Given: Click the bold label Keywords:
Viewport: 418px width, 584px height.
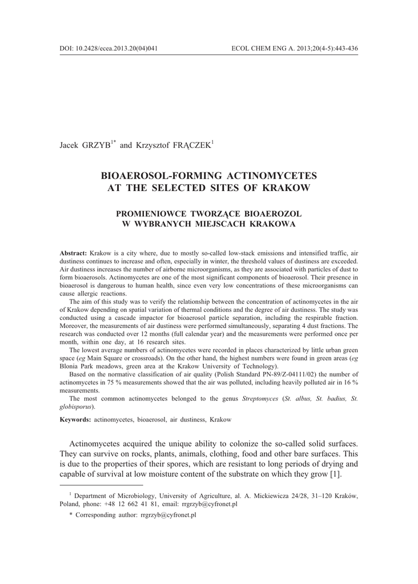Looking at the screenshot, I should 75,419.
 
